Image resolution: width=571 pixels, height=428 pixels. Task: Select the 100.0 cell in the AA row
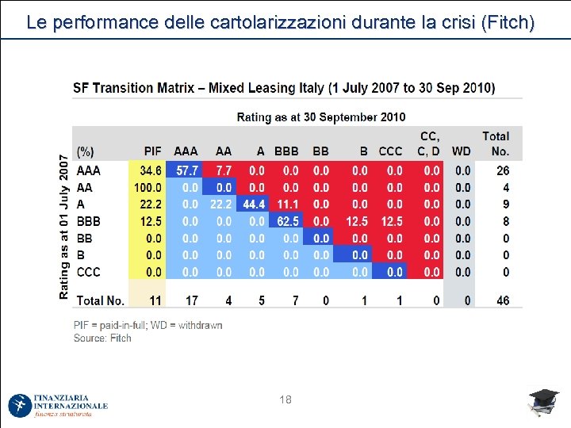148,188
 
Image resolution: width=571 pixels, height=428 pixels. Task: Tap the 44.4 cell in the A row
254,204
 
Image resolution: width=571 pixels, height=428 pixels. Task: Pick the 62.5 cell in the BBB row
288,221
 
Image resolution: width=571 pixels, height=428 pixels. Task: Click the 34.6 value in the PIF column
151,170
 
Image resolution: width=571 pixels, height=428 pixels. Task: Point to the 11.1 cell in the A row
287,204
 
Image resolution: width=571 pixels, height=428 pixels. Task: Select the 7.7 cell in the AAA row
224,170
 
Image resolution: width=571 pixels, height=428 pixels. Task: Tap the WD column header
461,151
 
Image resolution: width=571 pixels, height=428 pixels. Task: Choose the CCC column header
390,151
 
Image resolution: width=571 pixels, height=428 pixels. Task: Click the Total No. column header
496,143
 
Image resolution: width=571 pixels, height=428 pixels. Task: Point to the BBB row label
88,221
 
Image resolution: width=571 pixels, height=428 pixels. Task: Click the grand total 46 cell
503,300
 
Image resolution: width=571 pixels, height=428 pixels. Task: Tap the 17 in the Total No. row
191,300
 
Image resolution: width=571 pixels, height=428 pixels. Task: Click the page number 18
285,400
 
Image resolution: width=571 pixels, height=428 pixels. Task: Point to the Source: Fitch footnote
102,338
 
